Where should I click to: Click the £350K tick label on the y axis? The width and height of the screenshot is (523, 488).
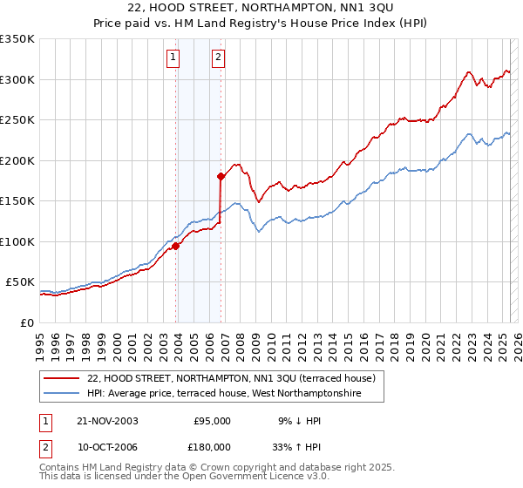pyautogui.click(x=17, y=39)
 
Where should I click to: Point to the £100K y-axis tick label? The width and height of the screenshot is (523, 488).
pyautogui.click(x=17, y=241)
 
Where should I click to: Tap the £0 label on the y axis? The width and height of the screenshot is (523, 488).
pyautogui.click(x=27, y=322)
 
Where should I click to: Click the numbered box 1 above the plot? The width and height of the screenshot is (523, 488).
pyautogui.click(x=173, y=58)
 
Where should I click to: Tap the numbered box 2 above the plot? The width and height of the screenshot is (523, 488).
pyautogui.click(x=216, y=58)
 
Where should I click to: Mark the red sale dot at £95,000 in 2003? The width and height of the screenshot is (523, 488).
pyautogui.click(x=176, y=246)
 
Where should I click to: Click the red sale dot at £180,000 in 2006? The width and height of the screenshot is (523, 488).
pyautogui.click(x=221, y=177)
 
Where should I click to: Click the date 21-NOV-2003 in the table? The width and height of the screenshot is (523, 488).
pyautogui.click(x=107, y=421)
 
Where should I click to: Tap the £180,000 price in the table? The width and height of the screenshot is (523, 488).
pyautogui.click(x=211, y=446)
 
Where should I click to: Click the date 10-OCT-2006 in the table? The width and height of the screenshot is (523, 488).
pyautogui.click(x=107, y=446)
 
